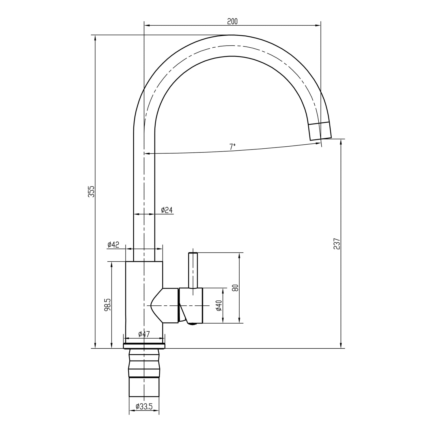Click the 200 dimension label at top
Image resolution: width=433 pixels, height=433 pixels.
pos(232,21)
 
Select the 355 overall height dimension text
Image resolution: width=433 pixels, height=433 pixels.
pos(91,191)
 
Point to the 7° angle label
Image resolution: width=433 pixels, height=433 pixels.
pos(232,147)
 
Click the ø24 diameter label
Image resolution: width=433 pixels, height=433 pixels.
pos(167,210)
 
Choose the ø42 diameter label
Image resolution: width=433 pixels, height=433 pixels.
pos(113,245)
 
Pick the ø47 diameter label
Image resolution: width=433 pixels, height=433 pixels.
pos(144,334)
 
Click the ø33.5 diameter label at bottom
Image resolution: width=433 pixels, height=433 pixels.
pos(144,407)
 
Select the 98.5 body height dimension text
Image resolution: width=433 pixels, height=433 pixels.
pos(107,305)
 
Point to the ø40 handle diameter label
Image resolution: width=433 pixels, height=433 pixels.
pos(219,305)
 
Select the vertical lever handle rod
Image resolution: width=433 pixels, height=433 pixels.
pos(193,270)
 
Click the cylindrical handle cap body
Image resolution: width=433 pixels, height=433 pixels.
pos(191,305)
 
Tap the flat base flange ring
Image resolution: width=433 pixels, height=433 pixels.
pos(144,346)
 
